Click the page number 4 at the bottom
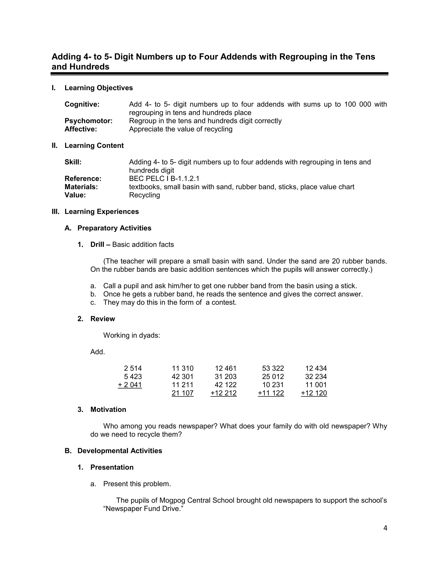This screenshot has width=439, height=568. pos(385,528)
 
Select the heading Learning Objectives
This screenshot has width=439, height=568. pos(99,88)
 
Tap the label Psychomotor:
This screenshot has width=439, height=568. pos(89,121)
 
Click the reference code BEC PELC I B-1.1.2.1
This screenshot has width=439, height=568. pos(164,179)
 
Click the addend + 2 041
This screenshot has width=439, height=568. pos(130,385)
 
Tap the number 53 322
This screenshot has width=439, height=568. pos(273,368)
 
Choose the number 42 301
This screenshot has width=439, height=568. pos(183,377)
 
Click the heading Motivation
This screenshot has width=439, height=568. pos(108,410)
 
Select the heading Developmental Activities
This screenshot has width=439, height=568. pos(120,451)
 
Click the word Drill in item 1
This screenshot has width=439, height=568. pos(97,245)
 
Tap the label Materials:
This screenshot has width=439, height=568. pos(81,187)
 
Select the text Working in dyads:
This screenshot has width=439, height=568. pos(132,335)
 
